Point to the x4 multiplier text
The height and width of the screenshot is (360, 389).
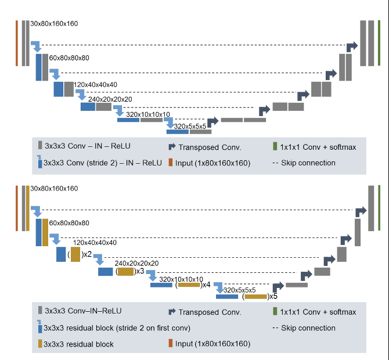[x=206, y=285]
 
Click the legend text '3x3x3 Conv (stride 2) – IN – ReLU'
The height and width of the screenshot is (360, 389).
[x=103, y=163]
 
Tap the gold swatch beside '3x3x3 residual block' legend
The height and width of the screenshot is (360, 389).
[x=40, y=344]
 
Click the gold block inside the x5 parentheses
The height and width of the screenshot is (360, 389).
[x=255, y=296]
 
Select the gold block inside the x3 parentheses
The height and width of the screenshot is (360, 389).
[x=126, y=271]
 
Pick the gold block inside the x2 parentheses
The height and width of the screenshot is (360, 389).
[x=75, y=254]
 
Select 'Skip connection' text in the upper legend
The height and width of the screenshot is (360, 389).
[x=308, y=163]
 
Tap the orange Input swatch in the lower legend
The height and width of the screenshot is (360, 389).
[x=171, y=344]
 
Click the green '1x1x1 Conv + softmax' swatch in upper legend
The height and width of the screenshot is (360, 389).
[x=275, y=147]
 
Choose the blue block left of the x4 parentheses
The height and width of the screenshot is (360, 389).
[x=161, y=285]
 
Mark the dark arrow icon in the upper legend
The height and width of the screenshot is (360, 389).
[x=172, y=147]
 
